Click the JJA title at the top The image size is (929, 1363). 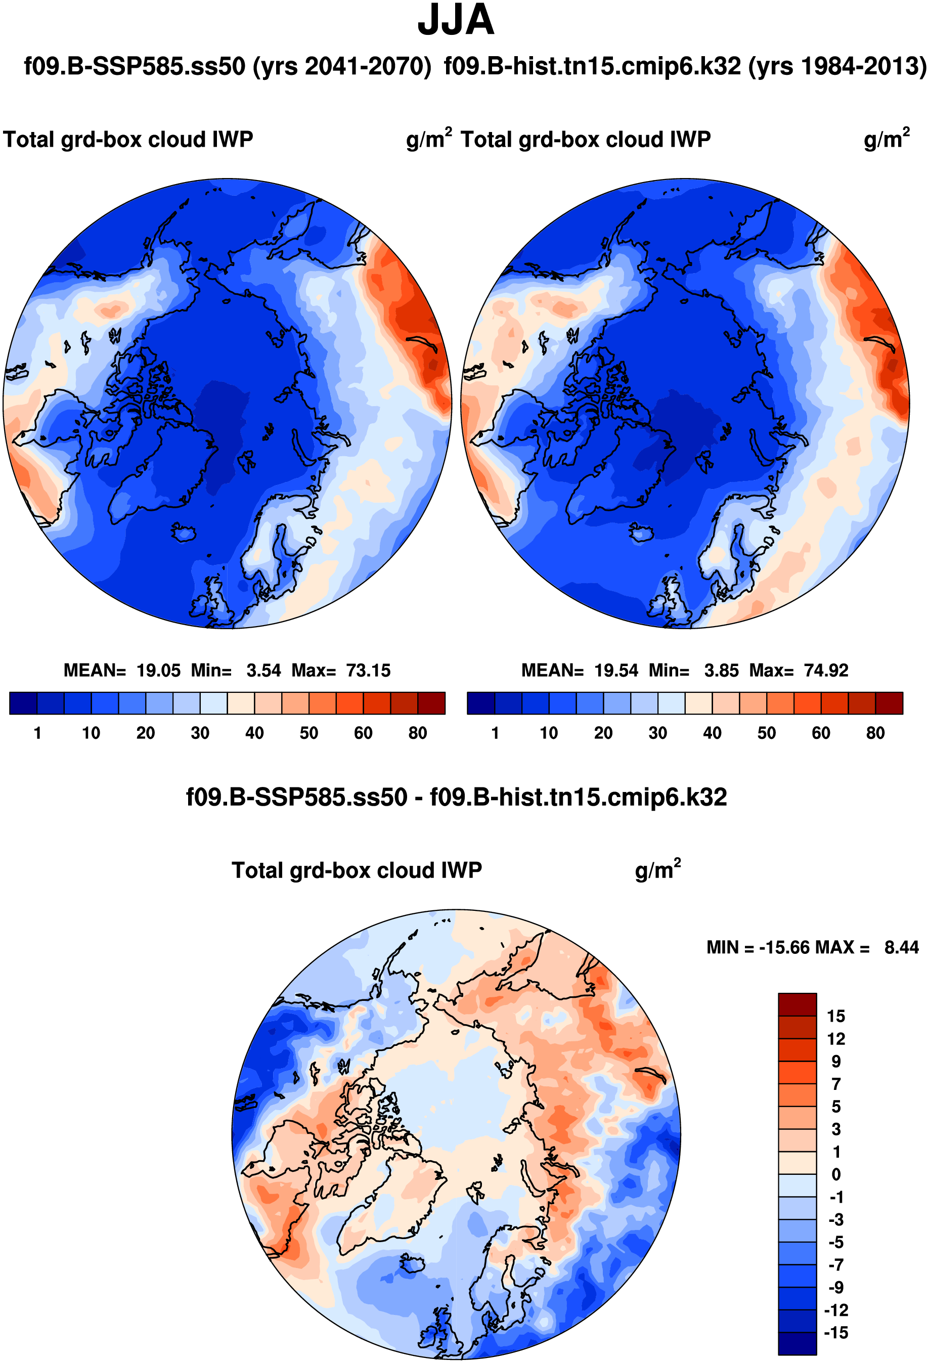[456, 21]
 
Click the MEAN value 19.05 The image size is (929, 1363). [158, 670]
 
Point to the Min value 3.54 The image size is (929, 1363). [263, 670]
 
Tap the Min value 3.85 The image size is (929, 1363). [721, 670]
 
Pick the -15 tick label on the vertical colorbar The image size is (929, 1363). [836, 1333]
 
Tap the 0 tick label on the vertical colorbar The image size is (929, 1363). [836, 1174]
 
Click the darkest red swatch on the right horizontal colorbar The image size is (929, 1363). [889, 703]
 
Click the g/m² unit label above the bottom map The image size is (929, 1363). [657, 870]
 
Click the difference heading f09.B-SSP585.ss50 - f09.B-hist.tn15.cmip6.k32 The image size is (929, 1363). [456, 797]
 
